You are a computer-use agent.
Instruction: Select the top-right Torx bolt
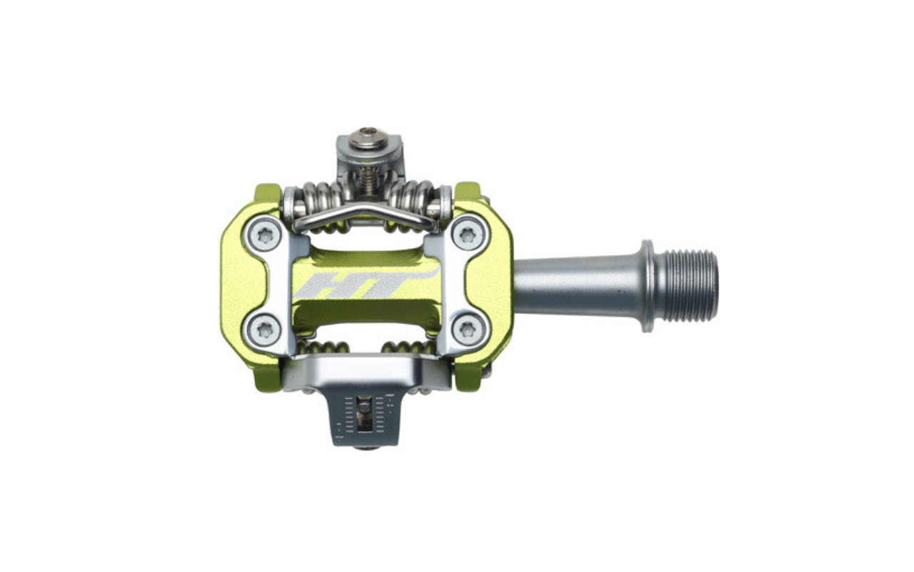click(469, 234)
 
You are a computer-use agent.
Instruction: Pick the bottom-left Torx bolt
click(264, 330)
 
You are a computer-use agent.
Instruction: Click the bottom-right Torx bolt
click(469, 330)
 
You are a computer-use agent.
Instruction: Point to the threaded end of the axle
click(689, 285)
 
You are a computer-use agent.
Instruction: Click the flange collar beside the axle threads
click(647, 285)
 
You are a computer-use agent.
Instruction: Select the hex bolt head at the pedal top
click(368, 138)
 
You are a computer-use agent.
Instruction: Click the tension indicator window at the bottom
click(365, 418)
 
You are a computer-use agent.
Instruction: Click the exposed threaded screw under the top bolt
click(367, 179)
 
